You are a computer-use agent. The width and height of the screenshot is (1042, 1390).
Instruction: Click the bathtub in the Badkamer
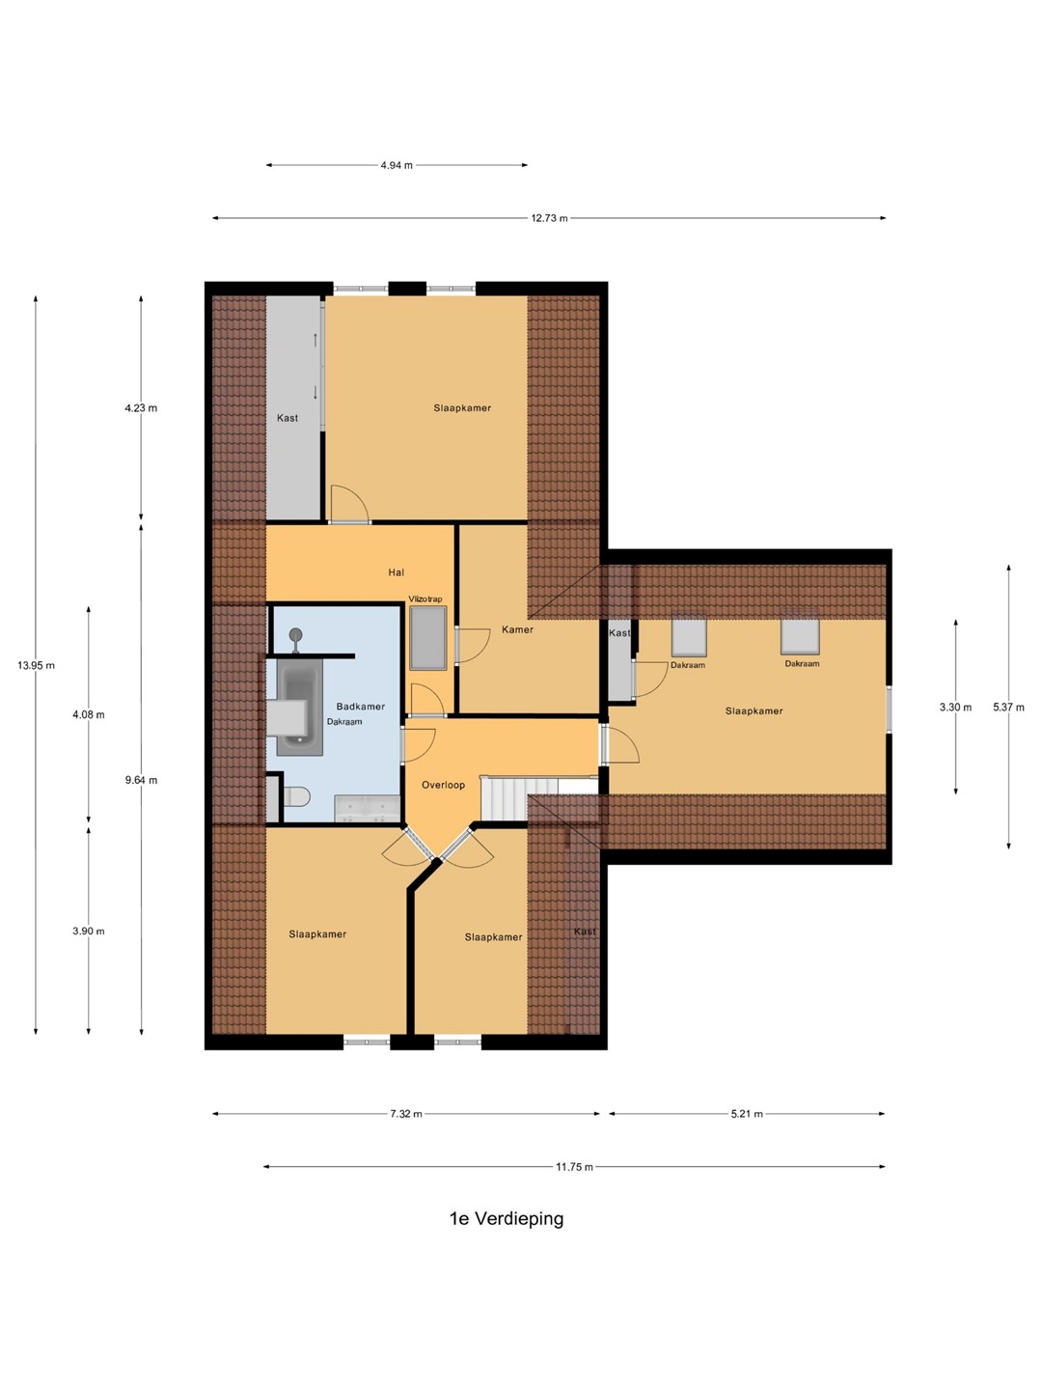(300, 708)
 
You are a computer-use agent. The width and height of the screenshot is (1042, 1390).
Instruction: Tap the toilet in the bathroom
(296, 796)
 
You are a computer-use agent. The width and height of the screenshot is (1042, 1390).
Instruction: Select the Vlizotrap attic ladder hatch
(427, 638)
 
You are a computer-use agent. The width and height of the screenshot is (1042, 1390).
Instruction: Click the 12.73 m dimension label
(549, 218)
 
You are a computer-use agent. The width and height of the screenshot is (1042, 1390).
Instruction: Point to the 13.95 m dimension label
(36, 665)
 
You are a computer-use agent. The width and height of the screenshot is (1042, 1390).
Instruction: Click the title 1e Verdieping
(507, 1218)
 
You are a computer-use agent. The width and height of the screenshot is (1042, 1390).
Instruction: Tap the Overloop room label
(444, 785)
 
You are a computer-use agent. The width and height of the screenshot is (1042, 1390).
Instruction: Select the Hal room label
(396, 572)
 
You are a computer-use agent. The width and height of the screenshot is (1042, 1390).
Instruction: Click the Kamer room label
(517, 629)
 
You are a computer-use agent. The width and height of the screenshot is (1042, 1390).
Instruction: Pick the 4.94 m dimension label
(397, 165)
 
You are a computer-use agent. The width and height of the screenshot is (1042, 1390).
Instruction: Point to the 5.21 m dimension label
(747, 1114)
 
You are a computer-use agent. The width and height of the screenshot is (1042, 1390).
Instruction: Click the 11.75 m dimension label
(574, 1167)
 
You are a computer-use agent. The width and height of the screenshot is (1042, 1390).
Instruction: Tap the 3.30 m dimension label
(955, 708)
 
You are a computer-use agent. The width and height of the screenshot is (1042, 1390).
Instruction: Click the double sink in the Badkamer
(367, 808)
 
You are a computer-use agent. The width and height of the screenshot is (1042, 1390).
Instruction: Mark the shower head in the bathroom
(295, 634)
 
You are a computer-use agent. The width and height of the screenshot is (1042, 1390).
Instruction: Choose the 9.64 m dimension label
(141, 780)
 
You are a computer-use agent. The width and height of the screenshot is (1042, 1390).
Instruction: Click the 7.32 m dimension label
(405, 1114)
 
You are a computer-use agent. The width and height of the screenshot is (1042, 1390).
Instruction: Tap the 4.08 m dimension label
(89, 715)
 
